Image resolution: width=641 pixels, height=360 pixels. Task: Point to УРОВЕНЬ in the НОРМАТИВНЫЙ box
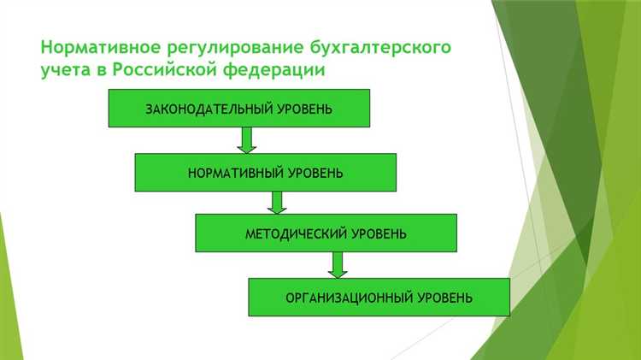315,173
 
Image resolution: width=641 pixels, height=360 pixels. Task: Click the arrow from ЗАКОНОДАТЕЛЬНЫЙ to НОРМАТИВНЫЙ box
247,139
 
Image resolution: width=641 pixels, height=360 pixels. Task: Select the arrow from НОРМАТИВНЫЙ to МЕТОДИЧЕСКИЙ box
276,202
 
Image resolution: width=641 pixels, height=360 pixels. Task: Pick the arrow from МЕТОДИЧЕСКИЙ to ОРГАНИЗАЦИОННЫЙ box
337,264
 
